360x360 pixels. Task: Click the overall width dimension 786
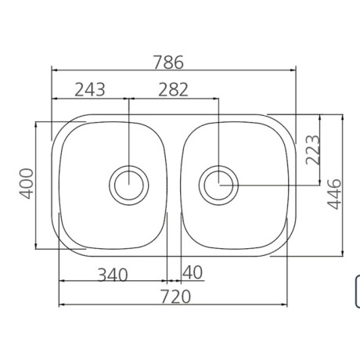point(168,62)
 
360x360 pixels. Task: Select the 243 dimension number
point(90,89)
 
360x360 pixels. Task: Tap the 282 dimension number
point(173,89)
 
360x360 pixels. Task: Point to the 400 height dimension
point(27,184)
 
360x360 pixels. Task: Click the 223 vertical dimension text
point(312,149)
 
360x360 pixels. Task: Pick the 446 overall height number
point(334,194)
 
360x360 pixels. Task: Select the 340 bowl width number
point(113,275)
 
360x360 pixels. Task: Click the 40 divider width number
point(193,272)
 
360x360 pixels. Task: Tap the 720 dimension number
point(175,297)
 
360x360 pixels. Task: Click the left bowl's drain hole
point(129,185)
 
